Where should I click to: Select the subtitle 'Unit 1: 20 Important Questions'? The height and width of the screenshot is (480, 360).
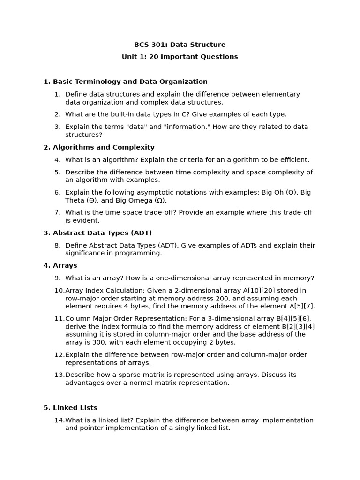(x=180, y=57)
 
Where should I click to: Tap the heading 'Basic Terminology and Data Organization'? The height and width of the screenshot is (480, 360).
(x=130, y=82)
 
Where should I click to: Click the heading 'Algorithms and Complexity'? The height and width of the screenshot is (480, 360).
(x=104, y=147)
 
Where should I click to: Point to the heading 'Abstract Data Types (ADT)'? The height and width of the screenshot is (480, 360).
(x=102, y=233)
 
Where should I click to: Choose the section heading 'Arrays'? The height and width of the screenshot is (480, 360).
(x=65, y=265)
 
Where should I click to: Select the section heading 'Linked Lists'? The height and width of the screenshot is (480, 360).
(x=75, y=408)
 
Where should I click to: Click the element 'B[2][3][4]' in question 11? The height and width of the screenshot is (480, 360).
(x=298, y=326)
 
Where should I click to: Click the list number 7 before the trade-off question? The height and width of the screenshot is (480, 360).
(x=57, y=212)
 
